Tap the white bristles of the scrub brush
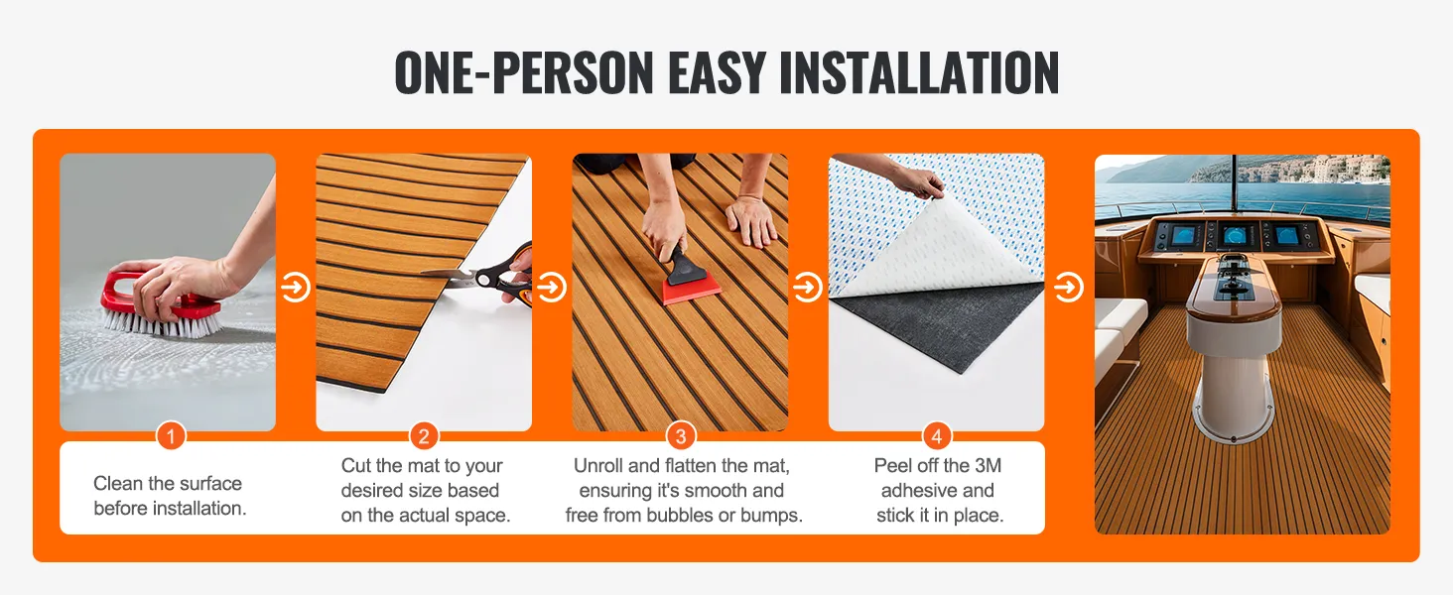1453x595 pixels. [162, 324]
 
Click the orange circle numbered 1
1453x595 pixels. [172, 436]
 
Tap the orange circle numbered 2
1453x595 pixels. [424, 436]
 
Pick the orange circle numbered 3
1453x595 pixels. [681, 436]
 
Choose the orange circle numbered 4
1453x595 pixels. [937, 436]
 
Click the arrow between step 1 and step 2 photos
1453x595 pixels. [295, 288]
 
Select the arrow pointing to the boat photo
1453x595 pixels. [1068, 288]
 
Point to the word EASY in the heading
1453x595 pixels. [717, 72]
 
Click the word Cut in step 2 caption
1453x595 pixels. [356, 465]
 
